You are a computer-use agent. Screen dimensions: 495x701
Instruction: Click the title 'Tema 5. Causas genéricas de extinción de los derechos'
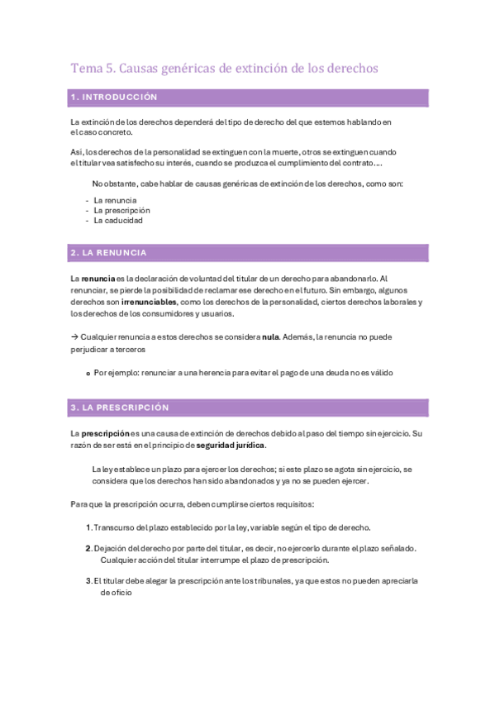[x=224, y=69]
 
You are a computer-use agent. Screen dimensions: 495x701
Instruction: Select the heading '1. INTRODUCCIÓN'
[x=114, y=98]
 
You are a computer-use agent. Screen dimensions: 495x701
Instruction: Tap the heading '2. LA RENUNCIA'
[x=109, y=252]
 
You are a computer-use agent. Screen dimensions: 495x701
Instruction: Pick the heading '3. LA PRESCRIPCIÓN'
[x=120, y=408]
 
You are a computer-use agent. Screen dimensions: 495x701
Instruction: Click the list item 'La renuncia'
[x=115, y=200]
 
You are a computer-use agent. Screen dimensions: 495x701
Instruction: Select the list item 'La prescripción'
[x=121, y=210]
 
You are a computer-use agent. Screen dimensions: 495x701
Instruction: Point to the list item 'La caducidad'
[x=118, y=221]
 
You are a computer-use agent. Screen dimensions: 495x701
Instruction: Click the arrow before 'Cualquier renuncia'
[x=75, y=336]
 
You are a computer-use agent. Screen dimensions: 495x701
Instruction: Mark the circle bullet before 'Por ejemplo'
[x=88, y=373]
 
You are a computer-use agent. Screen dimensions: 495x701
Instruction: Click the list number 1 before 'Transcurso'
[x=89, y=527]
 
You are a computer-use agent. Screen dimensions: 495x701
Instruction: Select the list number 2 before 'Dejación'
[x=89, y=548]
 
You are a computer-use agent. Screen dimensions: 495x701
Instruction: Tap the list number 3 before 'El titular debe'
[x=89, y=580]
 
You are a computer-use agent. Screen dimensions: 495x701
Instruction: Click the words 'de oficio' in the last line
[x=117, y=592]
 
